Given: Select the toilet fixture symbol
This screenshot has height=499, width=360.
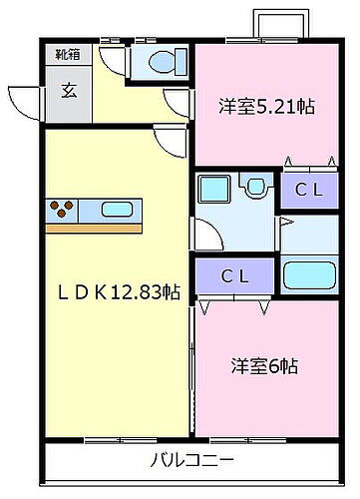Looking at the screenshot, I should [x=160, y=65].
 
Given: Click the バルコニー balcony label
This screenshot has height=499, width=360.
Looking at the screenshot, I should [x=192, y=462].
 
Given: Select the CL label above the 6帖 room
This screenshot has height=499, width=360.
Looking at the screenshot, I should [x=234, y=273].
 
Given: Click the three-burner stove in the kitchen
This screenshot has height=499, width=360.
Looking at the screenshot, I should [x=63, y=210].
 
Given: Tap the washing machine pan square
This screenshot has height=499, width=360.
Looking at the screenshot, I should [x=213, y=188].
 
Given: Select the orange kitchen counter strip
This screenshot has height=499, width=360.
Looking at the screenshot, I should [x=95, y=227].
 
